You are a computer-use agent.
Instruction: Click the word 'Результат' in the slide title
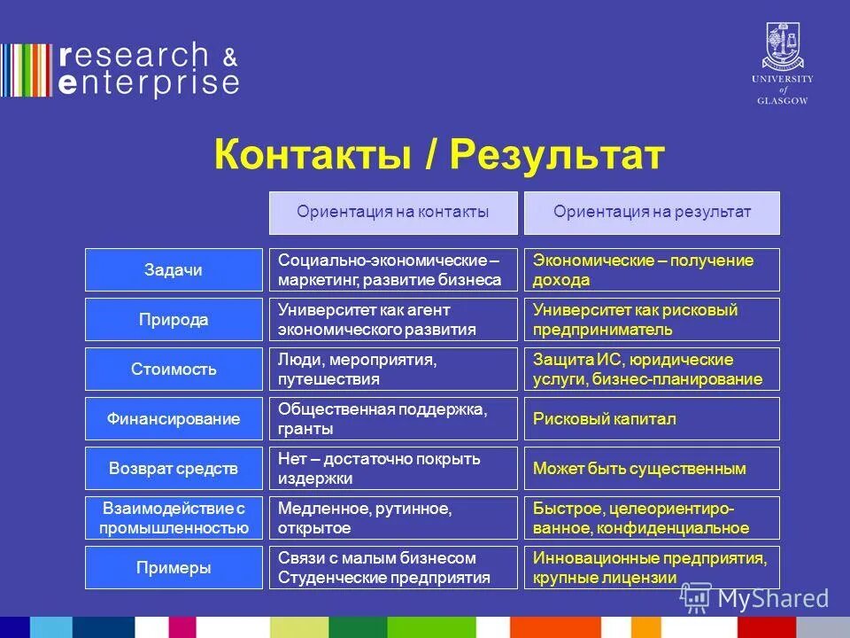pyautogui.click(x=557, y=155)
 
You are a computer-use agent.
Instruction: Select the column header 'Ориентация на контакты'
pyautogui.click(x=393, y=213)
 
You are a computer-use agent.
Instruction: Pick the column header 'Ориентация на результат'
pyautogui.click(x=652, y=213)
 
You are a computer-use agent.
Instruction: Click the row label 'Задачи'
pyautogui.click(x=174, y=270)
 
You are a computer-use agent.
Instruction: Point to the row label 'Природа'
pyautogui.click(x=174, y=320)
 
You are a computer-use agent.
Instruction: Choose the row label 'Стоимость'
pyautogui.click(x=174, y=370)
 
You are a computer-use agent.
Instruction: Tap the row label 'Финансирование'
pyautogui.click(x=174, y=419)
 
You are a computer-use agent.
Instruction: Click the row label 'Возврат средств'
pyautogui.click(x=174, y=469)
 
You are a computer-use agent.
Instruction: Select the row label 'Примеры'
pyautogui.click(x=174, y=568)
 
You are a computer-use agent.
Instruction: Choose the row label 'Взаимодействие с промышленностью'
pyautogui.click(x=174, y=518)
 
